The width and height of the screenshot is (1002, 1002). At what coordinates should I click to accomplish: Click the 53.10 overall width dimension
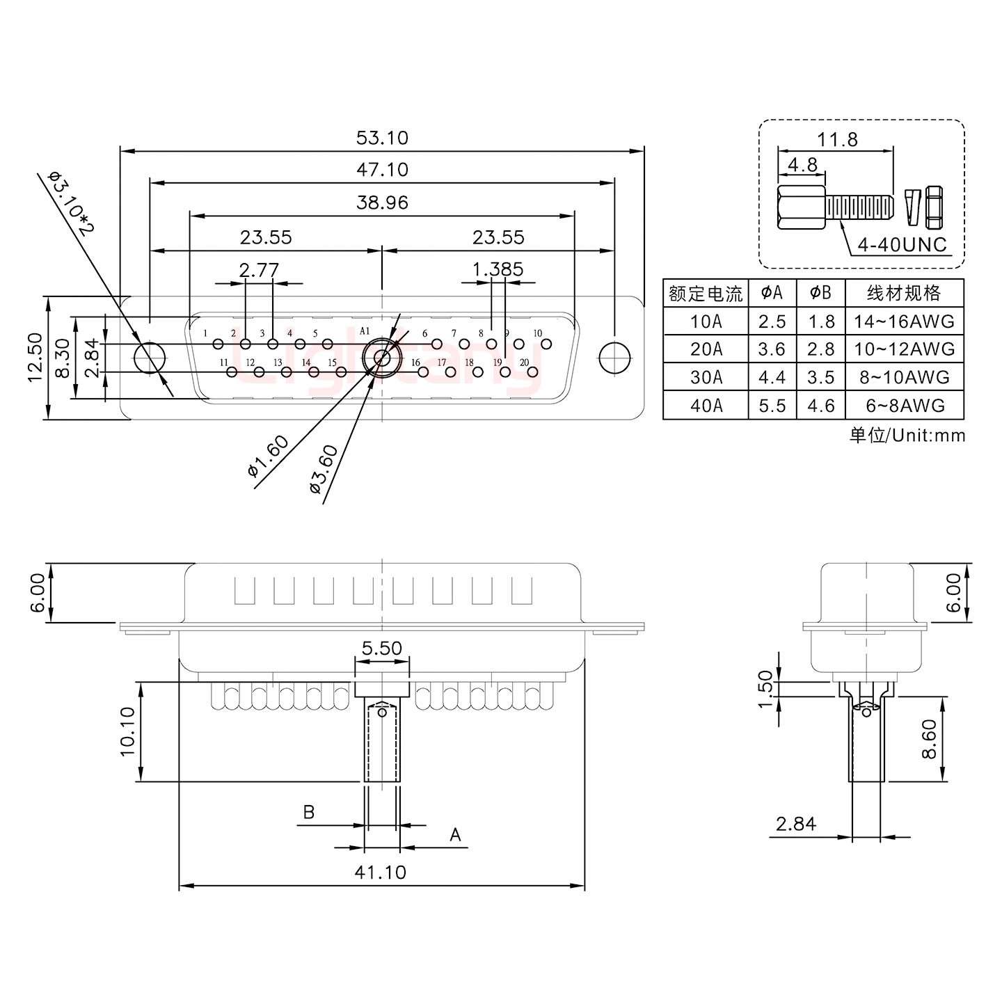tap(382, 138)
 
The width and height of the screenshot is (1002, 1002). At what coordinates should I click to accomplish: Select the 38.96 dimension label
tap(382, 202)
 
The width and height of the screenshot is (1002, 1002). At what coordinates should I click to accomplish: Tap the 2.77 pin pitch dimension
tap(259, 269)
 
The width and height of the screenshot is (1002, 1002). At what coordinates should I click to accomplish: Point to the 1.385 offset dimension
tap(498, 269)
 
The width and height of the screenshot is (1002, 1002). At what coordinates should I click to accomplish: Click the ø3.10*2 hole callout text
tap(70, 202)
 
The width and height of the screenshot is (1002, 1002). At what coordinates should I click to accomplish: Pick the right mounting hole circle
tap(614, 358)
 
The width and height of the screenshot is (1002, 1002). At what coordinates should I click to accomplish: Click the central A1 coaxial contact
tap(382, 358)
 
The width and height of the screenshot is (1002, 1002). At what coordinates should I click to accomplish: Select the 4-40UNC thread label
tap(902, 245)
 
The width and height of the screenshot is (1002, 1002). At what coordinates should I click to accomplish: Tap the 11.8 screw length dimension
tap(837, 139)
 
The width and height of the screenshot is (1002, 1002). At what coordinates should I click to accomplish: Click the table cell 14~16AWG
tap(904, 321)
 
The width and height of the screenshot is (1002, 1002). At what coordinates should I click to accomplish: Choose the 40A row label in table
tap(706, 405)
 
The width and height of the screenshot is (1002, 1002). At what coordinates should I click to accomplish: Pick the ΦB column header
tap(820, 293)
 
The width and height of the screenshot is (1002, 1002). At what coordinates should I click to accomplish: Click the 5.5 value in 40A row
tap(772, 405)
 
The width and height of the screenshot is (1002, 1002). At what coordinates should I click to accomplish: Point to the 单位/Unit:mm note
tap(907, 436)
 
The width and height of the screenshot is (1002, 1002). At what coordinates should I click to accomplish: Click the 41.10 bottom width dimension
tap(380, 872)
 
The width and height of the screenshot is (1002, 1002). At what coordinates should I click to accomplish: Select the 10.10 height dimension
tap(127, 731)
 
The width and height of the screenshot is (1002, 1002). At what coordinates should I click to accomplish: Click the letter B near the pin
tap(309, 812)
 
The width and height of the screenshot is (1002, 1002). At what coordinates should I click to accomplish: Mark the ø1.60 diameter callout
tap(268, 456)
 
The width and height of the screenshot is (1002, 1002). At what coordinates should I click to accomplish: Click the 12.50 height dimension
tap(35, 357)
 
